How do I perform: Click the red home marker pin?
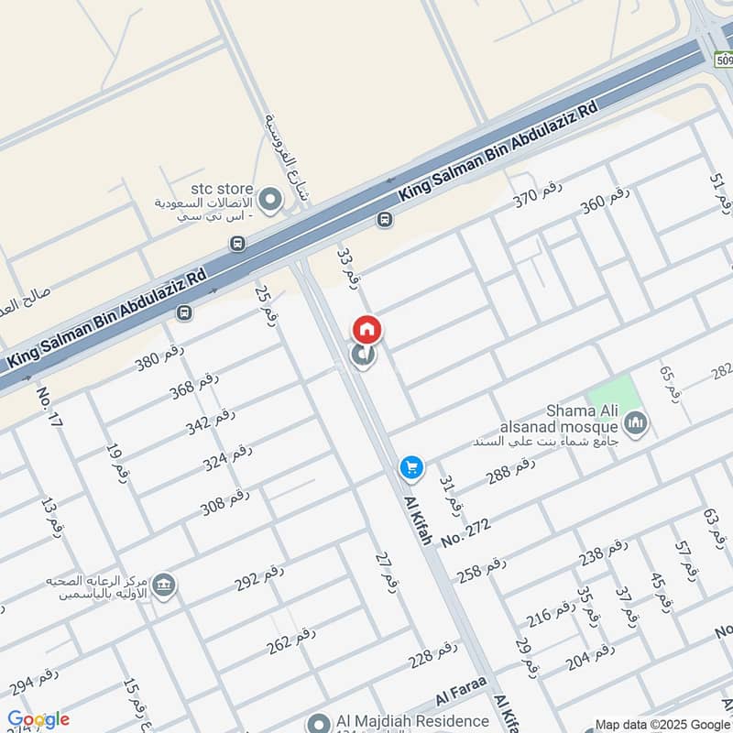click(x=367, y=329)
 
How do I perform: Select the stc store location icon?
click(x=270, y=199)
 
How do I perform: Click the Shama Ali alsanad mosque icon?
click(x=635, y=423)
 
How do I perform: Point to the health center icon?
click(x=165, y=585)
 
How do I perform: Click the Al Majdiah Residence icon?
click(x=319, y=722)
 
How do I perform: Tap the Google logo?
click(x=38, y=719)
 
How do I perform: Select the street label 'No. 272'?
click(x=466, y=532)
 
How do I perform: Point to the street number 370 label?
click(x=536, y=194)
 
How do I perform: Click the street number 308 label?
click(x=225, y=502)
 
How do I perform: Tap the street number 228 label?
click(x=432, y=654)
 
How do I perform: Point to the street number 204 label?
click(x=590, y=657)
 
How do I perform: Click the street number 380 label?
click(x=160, y=357)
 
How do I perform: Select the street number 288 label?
click(x=510, y=470)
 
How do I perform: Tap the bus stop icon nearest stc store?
click(x=238, y=244)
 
